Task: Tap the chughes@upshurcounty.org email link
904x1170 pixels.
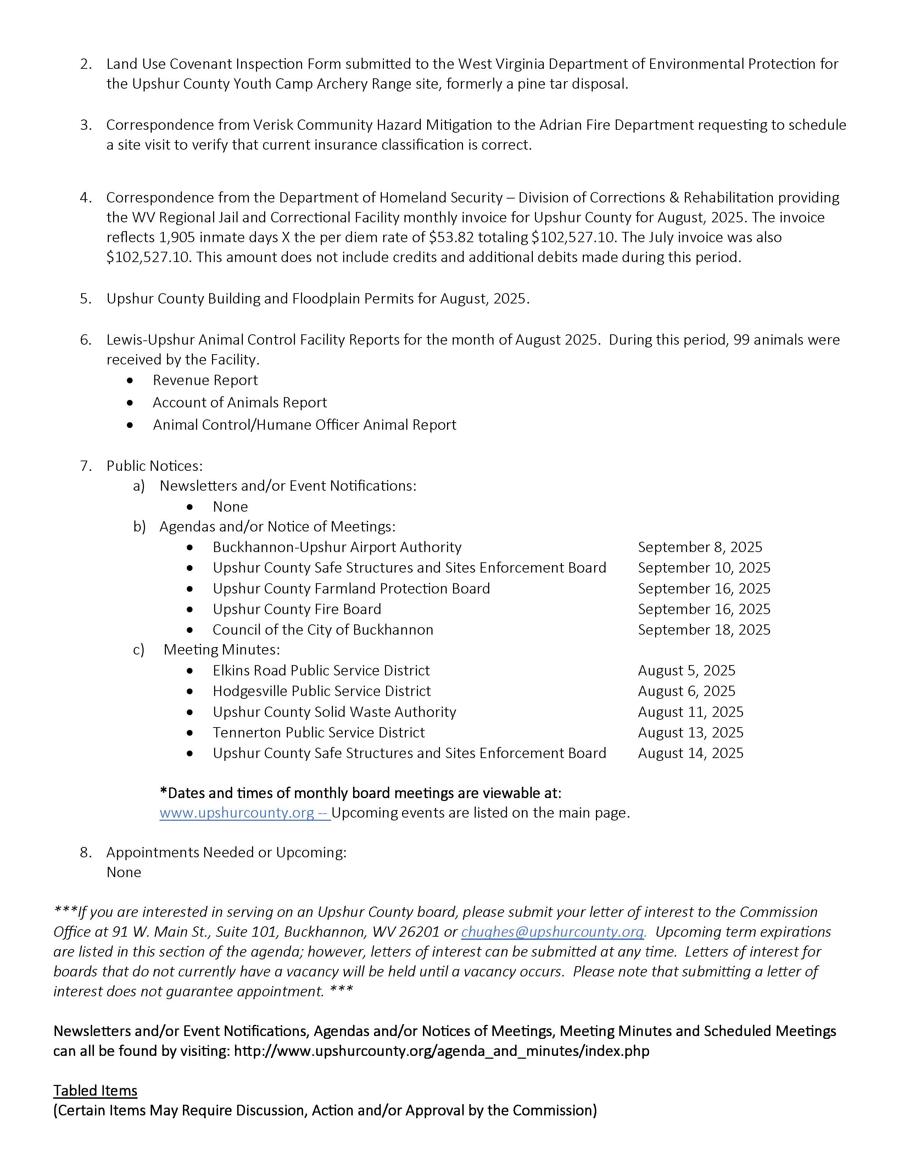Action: click(553, 932)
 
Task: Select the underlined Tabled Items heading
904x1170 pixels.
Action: click(95, 1090)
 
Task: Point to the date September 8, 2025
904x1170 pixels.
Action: click(699, 547)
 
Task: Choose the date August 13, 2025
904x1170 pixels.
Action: click(690, 732)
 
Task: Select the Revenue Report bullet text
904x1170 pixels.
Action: click(205, 380)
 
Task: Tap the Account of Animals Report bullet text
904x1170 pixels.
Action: click(239, 402)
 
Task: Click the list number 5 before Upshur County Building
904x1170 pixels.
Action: click(85, 299)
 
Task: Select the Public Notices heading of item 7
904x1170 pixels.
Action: click(154, 466)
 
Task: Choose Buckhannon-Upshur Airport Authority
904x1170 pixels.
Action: click(337, 547)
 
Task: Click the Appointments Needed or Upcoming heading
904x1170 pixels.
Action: click(226, 852)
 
